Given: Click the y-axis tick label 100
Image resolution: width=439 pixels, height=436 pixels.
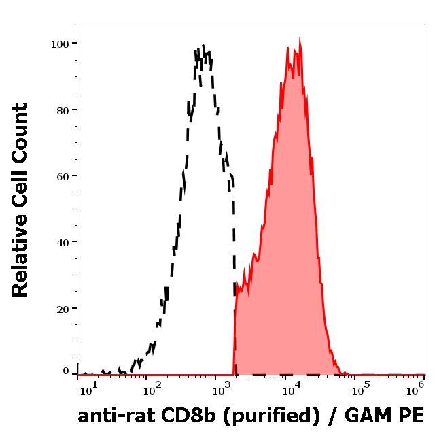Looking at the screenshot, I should click(x=60, y=44).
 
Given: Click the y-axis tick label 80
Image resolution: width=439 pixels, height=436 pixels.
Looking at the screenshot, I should click(x=63, y=110).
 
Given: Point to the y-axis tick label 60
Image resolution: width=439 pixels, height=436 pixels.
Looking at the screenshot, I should click(x=63, y=175).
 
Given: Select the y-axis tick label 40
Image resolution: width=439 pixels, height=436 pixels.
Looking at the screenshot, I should click(x=63, y=241).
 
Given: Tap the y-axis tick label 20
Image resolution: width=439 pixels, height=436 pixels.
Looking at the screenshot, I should click(x=63, y=308).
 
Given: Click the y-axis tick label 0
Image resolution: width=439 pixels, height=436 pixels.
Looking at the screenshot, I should click(x=66, y=371).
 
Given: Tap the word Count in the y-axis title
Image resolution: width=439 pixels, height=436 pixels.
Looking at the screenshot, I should click(x=20, y=133).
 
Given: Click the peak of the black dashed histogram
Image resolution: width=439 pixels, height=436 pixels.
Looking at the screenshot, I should click(x=203, y=48).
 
